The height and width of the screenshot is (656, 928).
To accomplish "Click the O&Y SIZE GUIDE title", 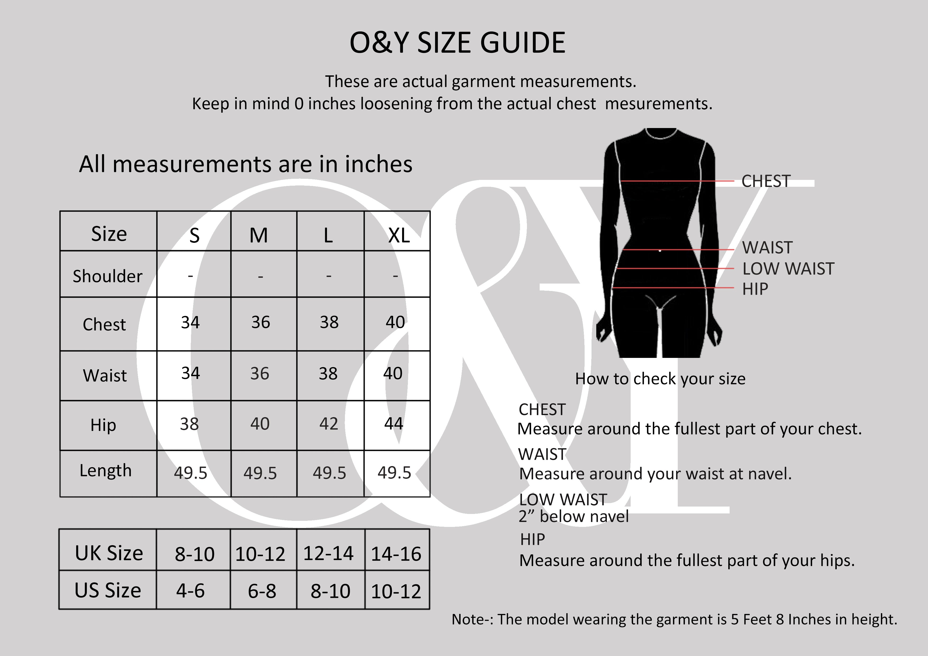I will (457, 43).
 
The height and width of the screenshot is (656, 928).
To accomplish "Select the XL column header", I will (398, 235).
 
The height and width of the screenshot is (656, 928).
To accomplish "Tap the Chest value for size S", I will (190, 322).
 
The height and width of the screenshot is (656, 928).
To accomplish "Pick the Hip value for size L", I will (329, 423).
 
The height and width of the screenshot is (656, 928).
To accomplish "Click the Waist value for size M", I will (260, 373).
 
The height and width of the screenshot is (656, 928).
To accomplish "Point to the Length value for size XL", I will (394, 472).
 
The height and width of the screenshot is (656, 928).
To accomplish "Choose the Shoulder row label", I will (107, 276).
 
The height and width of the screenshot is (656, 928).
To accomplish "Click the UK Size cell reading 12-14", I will (328, 553).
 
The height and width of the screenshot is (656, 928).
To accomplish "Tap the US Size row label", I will (107, 590).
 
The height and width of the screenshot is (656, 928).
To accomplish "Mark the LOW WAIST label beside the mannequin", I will (788, 269).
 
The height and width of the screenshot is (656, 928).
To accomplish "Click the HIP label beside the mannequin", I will (755, 289).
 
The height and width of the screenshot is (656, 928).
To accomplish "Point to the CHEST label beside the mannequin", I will (766, 181).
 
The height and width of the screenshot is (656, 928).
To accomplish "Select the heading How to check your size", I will (660, 379).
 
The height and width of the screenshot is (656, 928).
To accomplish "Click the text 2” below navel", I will (574, 517).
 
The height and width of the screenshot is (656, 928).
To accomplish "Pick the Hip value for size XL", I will (394, 423).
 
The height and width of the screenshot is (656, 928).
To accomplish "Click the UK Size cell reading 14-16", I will (396, 554).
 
